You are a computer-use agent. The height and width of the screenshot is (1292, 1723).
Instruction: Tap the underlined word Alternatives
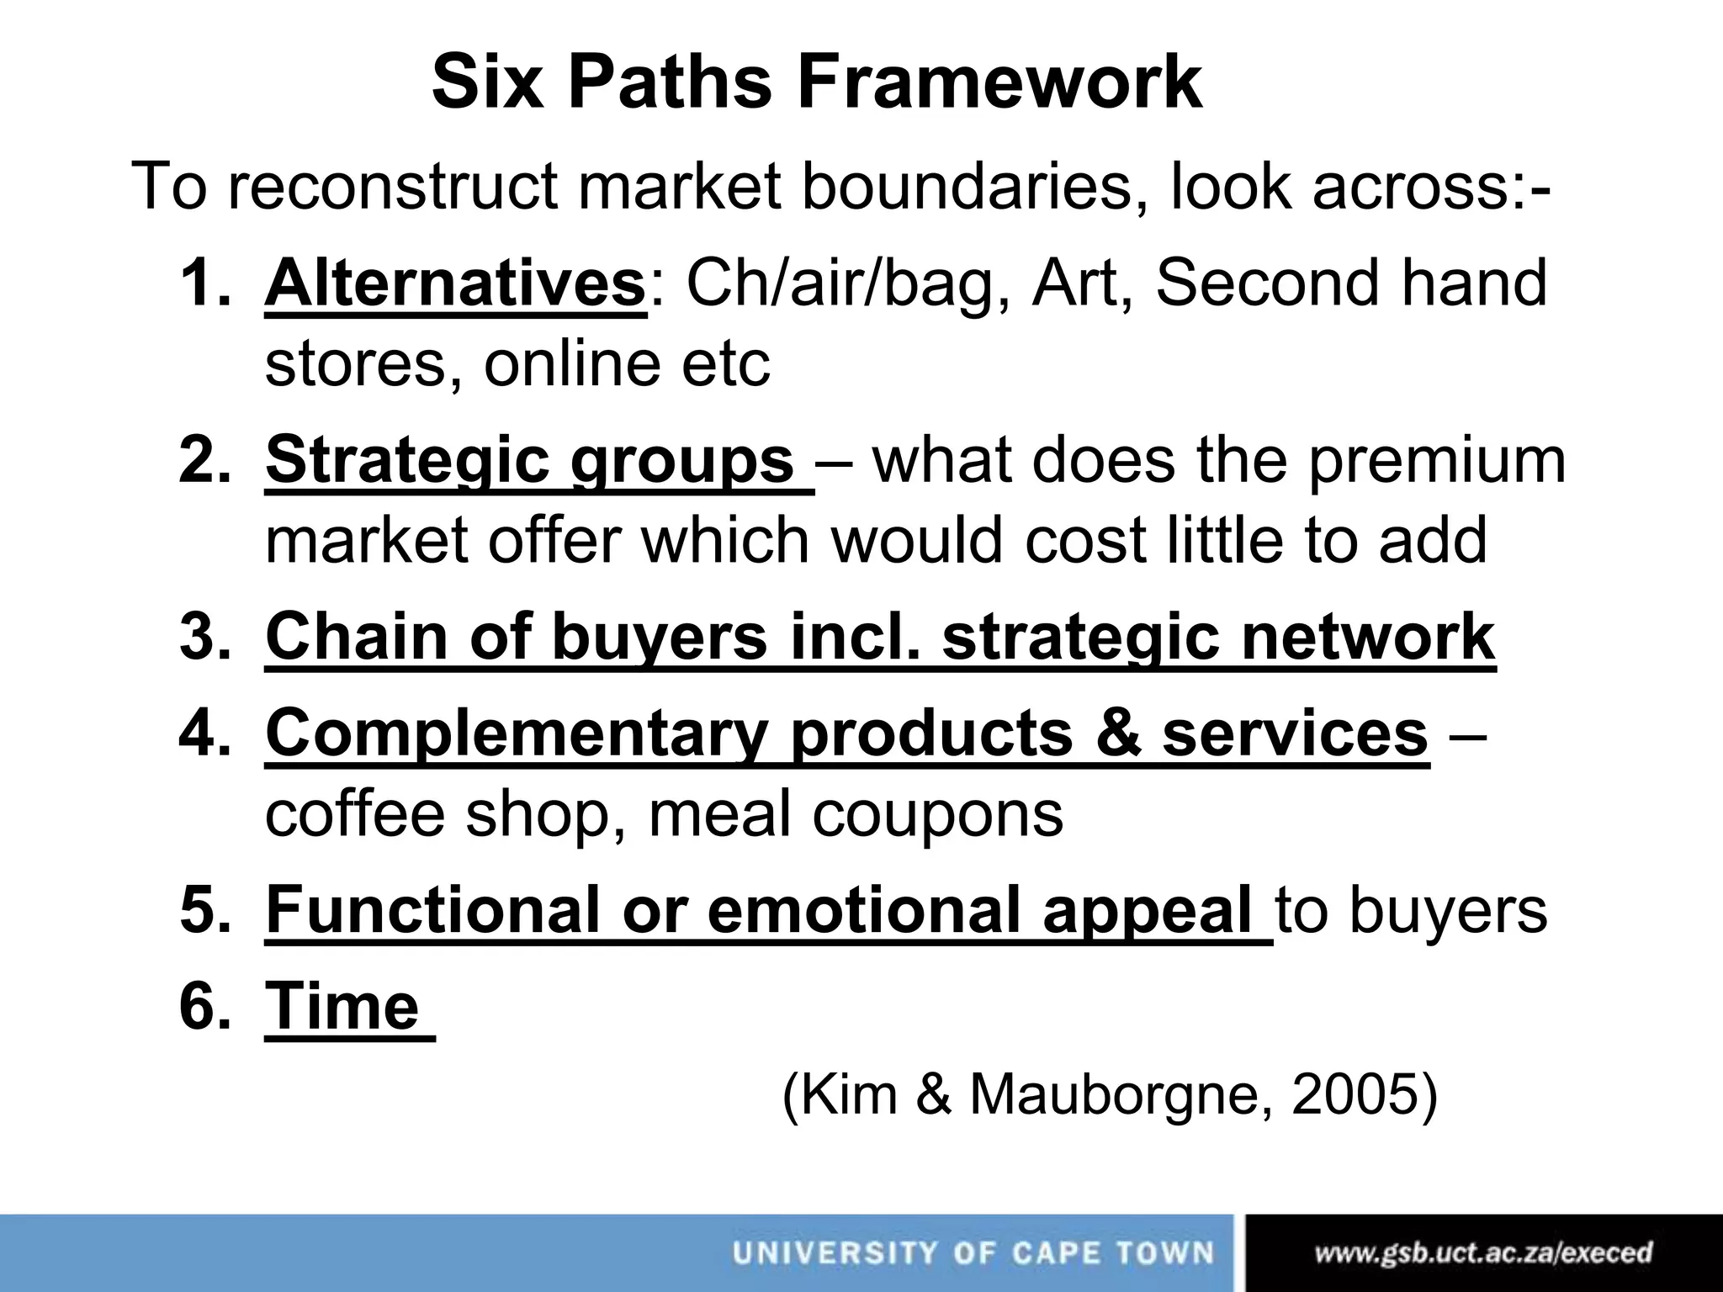(455, 283)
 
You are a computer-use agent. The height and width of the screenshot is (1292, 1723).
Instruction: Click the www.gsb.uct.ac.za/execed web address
(1483, 1253)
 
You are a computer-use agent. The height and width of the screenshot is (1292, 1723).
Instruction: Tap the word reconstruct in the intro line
(393, 186)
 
